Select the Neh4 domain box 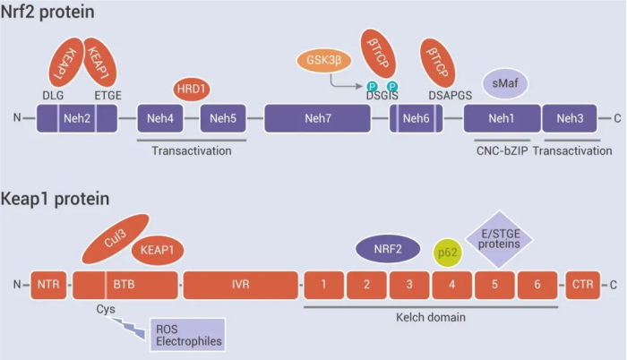tap(161, 118)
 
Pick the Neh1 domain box tap(501, 118)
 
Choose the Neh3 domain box tap(571, 118)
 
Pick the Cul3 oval tap(113, 239)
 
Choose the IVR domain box tap(238, 285)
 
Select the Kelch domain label tap(430, 317)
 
